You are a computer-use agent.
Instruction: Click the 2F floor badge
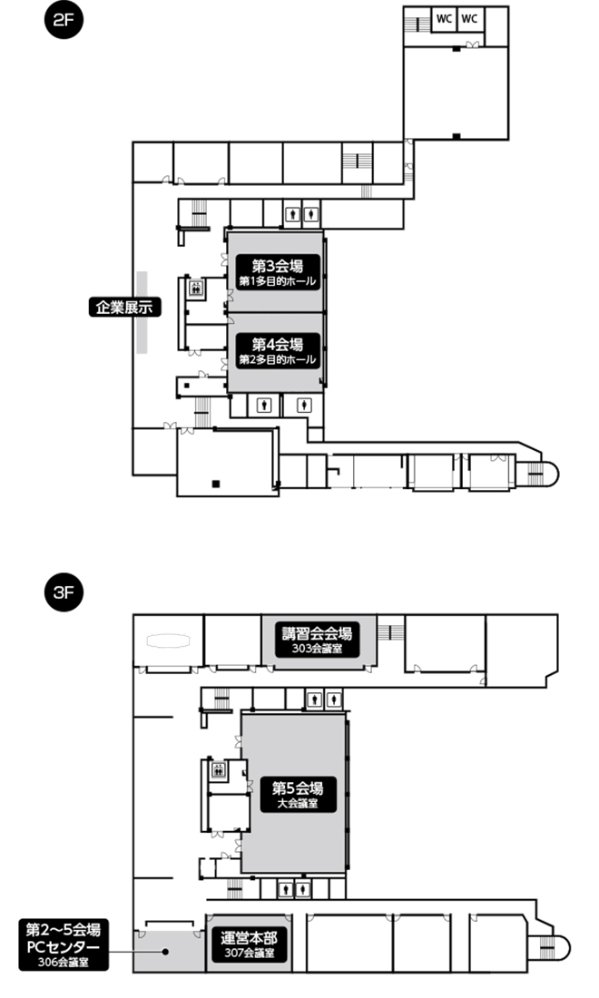pos(64,20)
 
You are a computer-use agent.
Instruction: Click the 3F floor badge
pos(64,592)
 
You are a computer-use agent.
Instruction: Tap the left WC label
pos(444,18)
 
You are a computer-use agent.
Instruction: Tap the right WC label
pos(469,18)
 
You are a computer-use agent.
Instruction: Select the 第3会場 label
pos(277,272)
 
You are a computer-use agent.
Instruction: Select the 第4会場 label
pos(277,351)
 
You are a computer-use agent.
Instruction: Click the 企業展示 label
pos(124,308)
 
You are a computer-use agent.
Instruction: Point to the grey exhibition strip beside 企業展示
pos(142,312)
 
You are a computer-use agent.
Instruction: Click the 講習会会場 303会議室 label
pos(317,640)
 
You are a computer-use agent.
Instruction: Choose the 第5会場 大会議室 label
pos(298,795)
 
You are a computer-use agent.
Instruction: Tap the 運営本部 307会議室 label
pos(249,944)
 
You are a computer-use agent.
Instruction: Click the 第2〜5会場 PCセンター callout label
pos(63,944)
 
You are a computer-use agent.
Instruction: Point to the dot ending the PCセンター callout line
pos(165,952)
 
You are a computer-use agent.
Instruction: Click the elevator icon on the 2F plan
pos(195,288)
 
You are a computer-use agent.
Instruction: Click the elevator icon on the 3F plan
pos(219,768)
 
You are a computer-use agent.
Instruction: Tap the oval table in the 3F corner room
pos(169,641)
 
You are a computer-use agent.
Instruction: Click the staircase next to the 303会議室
pos(390,632)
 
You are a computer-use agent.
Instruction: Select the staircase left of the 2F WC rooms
pos(417,24)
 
